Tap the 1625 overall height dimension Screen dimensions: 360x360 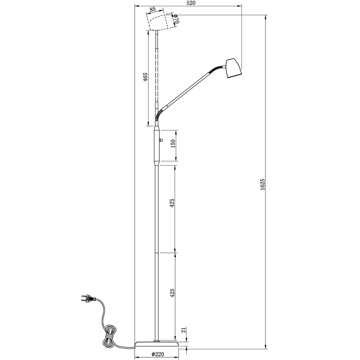coord(263,184)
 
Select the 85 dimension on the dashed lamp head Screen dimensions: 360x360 coord(152,9)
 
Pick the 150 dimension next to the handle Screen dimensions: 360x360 coord(173,143)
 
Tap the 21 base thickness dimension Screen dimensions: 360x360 coord(183,330)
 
